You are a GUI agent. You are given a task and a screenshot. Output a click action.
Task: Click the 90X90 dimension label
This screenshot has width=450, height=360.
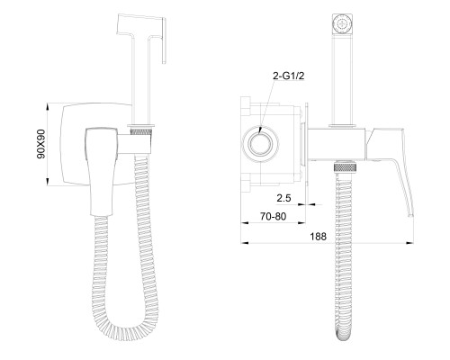41,144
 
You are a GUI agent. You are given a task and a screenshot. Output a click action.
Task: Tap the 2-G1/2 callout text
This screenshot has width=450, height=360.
289,76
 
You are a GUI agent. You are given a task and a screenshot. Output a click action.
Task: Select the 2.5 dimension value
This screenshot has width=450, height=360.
283,198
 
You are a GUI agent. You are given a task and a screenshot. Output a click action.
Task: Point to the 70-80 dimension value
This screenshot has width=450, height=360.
273,216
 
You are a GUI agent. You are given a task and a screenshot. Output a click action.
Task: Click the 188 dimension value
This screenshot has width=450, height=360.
318,237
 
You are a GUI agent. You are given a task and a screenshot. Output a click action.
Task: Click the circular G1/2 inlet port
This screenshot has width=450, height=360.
260,144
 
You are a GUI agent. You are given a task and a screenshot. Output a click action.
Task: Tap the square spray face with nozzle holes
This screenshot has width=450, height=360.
342,23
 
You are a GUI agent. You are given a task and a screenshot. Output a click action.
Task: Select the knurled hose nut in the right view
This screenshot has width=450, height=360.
346,167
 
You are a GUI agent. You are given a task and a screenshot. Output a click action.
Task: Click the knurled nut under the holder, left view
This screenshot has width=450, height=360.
141,131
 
